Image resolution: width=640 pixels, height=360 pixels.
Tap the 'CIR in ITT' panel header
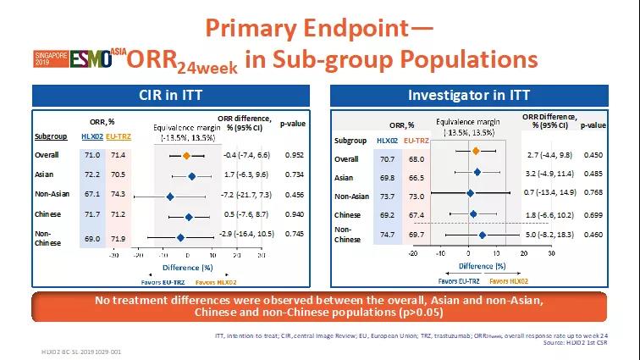coord(161,95)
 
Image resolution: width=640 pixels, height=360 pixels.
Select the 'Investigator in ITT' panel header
coord(481,95)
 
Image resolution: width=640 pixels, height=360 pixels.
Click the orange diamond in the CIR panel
coord(186,156)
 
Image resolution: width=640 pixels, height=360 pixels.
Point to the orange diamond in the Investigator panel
coord(476,151)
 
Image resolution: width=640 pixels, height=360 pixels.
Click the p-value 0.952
coord(295,156)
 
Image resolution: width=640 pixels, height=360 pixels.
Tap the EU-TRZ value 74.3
coord(119,195)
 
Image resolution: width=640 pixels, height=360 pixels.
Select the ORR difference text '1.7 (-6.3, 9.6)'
coord(247,175)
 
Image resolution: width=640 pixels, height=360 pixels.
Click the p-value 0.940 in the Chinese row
coord(295,214)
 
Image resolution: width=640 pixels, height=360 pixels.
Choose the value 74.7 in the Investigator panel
coord(386,234)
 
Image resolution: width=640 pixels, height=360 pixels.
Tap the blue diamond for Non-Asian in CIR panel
coord(170,196)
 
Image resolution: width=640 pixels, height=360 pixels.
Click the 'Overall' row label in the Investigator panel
coord(346,158)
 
